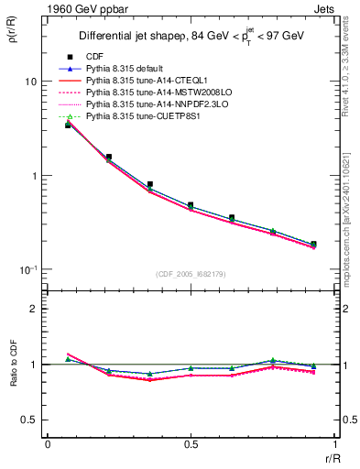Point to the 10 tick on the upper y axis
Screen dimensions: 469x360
[x=29, y=82]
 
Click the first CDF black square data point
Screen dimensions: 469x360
[x=68, y=125]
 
